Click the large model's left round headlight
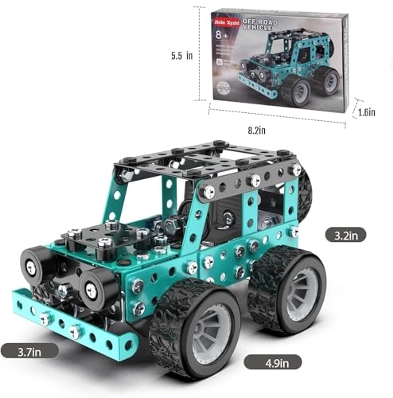click(37, 264)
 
